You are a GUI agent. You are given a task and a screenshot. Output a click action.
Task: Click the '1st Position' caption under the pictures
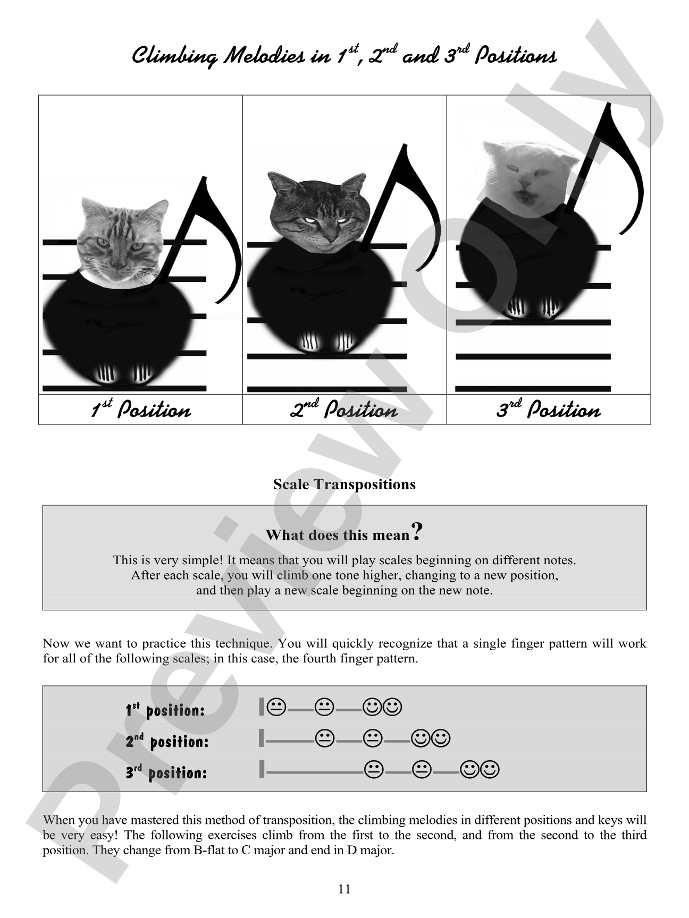tap(140, 410)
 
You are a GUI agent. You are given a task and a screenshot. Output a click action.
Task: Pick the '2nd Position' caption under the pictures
tap(344, 410)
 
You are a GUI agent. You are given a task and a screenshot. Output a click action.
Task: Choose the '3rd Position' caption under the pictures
tap(548, 410)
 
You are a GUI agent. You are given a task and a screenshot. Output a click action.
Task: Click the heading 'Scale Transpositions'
tap(344, 484)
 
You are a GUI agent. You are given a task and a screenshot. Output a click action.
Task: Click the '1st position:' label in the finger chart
tap(165, 710)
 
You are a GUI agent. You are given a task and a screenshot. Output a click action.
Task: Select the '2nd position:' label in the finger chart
tap(167, 741)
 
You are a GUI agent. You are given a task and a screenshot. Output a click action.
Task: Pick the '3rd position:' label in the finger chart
tap(166, 771)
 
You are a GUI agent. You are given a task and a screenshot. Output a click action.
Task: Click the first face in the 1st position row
tap(276, 707)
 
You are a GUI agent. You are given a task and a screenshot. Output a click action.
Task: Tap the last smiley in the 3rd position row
tap(490, 769)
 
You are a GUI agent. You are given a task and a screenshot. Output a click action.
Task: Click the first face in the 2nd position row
tap(324, 738)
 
